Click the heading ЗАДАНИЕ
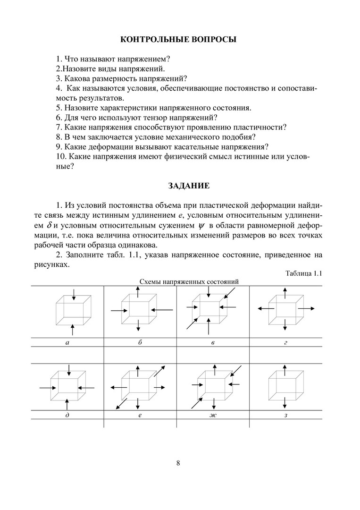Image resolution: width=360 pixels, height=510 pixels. [x=180, y=186]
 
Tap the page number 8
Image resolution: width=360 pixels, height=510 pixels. [x=178, y=463]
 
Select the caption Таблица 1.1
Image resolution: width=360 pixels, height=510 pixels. [x=303, y=273]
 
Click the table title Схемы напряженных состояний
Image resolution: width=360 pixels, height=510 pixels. [x=189, y=281]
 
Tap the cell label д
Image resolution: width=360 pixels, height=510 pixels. [x=67, y=415]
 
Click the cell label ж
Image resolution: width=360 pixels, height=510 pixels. [x=213, y=415]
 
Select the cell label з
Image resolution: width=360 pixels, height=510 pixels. [x=286, y=415]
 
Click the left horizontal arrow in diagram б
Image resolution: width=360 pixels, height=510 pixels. [x=118, y=310]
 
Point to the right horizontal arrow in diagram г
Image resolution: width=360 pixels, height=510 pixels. [x=307, y=308]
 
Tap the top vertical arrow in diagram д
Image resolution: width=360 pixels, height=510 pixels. [x=69, y=369]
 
